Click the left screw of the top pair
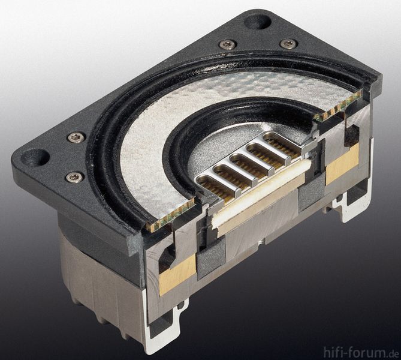pyautogui.click(x=227, y=44)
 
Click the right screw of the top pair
pyautogui.click(x=289, y=43)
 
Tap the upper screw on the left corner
pyautogui.click(x=76, y=137)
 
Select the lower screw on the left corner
pyautogui.click(x=74, y=177)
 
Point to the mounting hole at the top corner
pyautogui.click(x=258, y=21)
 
